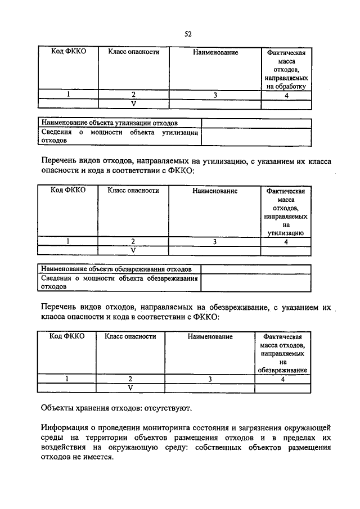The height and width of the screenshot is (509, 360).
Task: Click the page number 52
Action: click(188, 34)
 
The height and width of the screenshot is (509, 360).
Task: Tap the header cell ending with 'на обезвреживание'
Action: click(282, 353)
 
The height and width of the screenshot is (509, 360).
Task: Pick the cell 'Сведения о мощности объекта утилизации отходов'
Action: click(119, 137)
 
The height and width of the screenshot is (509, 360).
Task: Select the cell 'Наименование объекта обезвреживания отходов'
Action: click(120, 269)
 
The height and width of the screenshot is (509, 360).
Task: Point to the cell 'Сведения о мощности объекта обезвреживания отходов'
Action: click(119, 282)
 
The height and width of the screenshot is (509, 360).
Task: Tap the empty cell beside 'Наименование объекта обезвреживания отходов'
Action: click(256, 269)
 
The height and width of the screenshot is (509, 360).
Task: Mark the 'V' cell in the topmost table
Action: click(133, 104)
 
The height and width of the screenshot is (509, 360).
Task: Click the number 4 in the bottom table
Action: click(283, 379)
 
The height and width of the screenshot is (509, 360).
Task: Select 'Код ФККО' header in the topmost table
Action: click(68, 52)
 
